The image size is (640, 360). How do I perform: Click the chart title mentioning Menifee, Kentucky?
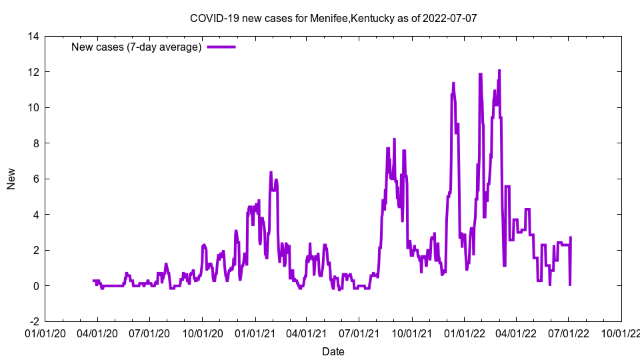pos(333,18)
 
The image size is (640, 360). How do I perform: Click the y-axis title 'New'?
pos(11,179)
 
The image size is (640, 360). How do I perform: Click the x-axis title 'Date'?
pos(333,351)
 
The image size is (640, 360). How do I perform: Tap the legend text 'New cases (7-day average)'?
pos(136,47)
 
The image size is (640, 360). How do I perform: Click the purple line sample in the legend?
pos(221,47)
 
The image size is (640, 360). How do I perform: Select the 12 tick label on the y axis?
pos(34,72)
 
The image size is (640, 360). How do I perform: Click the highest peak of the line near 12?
pos(499,70)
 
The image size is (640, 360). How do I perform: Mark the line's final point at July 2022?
pos(571,238)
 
